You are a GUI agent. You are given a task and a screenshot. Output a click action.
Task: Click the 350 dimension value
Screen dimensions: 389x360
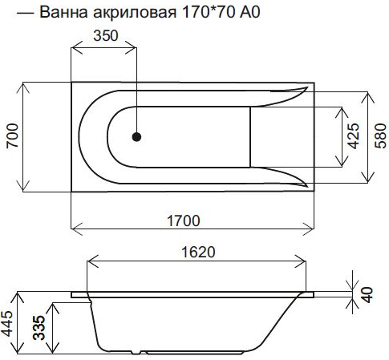(106, 35)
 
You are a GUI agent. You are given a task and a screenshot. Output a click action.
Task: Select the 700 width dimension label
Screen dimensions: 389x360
(13, 136)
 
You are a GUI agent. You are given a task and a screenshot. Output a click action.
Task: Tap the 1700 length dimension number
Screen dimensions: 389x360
(184, 221)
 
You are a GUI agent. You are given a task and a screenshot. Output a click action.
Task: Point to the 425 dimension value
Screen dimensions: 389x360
(354, 136)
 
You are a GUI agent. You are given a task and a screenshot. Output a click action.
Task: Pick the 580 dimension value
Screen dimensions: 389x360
(381, 136)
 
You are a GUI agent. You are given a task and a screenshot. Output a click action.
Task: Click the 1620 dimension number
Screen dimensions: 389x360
(198, 252)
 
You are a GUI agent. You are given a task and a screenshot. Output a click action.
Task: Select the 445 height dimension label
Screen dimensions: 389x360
(6, 323)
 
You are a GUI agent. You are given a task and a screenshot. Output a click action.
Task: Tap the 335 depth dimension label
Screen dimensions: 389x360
(39, 328)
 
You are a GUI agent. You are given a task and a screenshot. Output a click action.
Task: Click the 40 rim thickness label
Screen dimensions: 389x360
(368, 295)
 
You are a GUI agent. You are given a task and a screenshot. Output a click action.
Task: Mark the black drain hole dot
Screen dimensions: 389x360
(136, 137)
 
